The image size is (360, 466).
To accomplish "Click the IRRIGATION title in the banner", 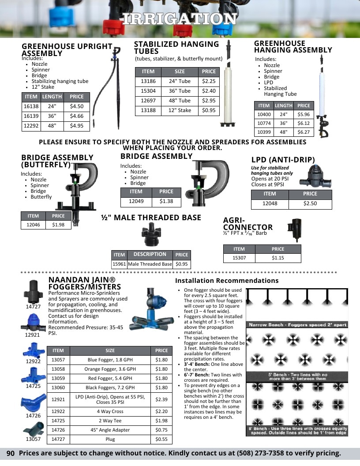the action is [x=180, y=19].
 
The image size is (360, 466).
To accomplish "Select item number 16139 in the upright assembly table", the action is [x=31, y=116].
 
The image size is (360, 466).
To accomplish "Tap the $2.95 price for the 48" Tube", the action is [x=209, y=101].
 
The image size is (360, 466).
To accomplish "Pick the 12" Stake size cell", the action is [x=180, y=110].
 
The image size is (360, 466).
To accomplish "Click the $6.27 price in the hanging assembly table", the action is [x=304, y=132].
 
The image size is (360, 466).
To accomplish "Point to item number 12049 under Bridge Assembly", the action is [x=136, y=201].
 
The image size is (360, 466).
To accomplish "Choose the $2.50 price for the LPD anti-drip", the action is [x=310, y=203].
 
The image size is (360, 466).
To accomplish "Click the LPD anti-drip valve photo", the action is [x=315, y=176].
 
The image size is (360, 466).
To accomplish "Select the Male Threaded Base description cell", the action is [x=150, y=264].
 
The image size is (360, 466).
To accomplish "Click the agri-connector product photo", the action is [x=295, y=229].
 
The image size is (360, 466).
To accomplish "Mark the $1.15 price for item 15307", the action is [x=278, y=258].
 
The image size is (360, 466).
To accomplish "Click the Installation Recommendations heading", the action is [x=227, y=281].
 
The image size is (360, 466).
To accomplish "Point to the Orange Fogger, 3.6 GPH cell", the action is [x=110, y=369].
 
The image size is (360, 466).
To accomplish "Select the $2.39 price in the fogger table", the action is [x=161, y=399].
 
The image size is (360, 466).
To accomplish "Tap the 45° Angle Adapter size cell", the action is [x=110, y=430].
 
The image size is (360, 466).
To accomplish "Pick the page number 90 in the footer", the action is [x=11, y=453].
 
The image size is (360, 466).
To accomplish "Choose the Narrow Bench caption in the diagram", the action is [x=297, y=325].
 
